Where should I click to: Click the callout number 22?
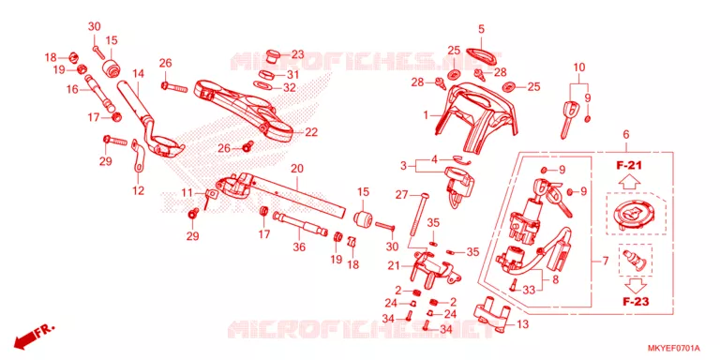[311, 132]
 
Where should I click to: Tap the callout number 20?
[297, 169]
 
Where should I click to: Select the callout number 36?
[299, 247]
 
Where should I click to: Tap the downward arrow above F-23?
[635, 286]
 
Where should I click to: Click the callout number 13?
[522, 324]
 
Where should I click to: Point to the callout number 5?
[481, 29]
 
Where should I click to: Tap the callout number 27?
[402, 195]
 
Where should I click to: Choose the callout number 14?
[139, 73]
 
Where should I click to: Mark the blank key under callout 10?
[568, 118]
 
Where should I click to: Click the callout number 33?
[529, 290]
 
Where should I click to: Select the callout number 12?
[139, 190]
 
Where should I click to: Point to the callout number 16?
[72, 89]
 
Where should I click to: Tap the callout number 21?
[394, 265]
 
